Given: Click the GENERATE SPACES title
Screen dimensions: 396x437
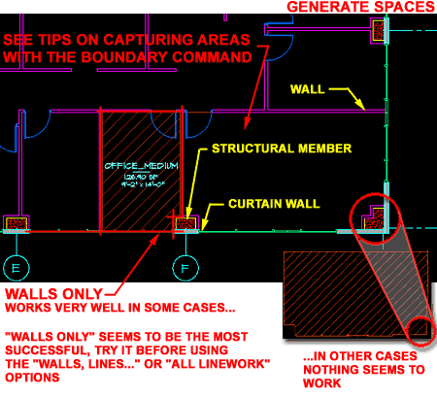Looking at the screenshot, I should (359, 8).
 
